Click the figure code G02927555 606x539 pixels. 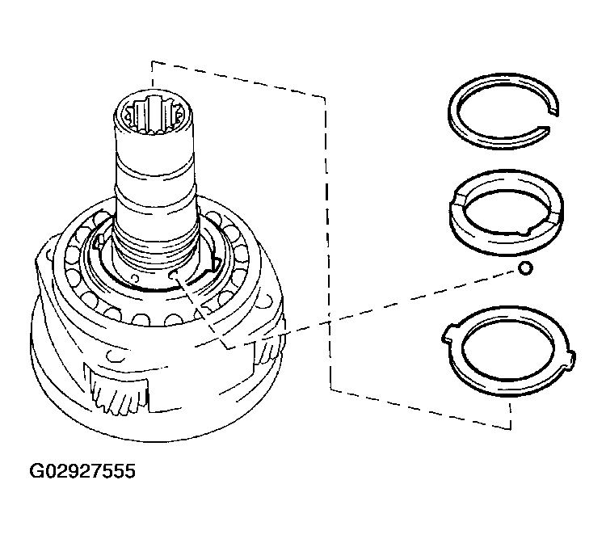(82, 471)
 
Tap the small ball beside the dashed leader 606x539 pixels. (525, 267)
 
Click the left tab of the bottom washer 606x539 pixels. (448, 334)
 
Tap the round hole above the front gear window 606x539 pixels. (115, 355)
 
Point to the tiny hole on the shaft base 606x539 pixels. (135, 278)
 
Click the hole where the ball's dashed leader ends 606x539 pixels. (173, 274)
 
